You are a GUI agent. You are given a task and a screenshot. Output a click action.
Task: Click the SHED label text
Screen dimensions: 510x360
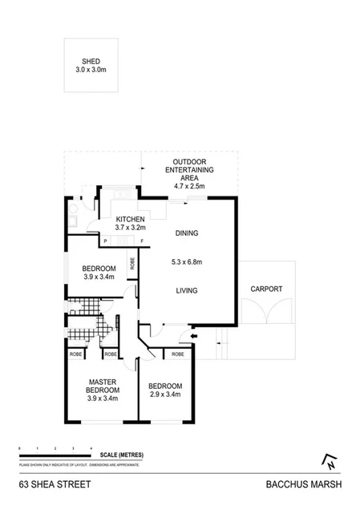click(91, 61)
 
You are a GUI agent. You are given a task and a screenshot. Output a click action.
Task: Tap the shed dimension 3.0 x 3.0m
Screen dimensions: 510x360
click(91, 70)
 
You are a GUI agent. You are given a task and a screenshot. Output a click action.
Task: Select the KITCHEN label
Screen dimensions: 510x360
click(129, 219)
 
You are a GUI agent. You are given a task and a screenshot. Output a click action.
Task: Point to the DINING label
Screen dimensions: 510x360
click(186, 233)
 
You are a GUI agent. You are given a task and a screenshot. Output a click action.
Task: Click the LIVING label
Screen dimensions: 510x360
click(186, 290)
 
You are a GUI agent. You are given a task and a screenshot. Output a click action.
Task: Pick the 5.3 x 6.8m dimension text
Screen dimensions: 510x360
click(186, 261)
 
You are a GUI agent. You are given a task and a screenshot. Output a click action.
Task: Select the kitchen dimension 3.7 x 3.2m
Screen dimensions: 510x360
click(129, 228)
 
